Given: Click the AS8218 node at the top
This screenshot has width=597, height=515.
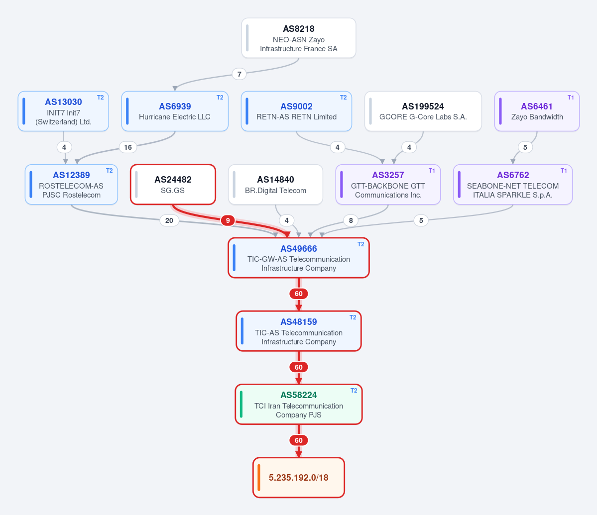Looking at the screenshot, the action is click(299, 38).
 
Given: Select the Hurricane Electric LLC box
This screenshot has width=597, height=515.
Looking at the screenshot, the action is click(175, 111).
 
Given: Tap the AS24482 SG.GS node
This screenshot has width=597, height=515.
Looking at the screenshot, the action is click(173, 185).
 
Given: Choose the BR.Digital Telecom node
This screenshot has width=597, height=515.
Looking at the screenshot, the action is click(275, 185).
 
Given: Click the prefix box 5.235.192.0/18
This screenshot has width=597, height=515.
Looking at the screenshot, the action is click(299, 477).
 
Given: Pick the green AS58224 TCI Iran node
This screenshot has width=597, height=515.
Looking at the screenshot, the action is click(299, 405).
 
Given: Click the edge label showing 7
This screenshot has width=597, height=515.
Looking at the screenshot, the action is click(239, 74).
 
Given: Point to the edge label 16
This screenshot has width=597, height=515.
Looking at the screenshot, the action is click(128, 147).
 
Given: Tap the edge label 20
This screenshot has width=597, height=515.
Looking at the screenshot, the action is click(169, 220).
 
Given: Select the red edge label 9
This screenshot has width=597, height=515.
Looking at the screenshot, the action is click(228, 220).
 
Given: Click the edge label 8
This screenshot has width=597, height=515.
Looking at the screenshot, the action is click(351, 220).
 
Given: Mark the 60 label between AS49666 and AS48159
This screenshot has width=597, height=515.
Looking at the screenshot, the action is click(299, 294).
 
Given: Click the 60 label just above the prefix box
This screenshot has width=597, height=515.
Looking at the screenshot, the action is click(299, 440).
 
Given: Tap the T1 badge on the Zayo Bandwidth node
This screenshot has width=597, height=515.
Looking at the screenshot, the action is click(571, 98).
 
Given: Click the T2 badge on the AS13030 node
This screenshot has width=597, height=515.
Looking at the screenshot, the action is click(100, 98).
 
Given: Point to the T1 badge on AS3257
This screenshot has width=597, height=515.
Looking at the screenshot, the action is click(432, 171).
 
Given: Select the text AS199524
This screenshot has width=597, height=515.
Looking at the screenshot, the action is click(423, 106).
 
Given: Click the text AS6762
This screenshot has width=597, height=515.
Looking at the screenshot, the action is click(513, 175).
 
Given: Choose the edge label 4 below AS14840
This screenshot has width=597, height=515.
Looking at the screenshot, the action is click(286, 220).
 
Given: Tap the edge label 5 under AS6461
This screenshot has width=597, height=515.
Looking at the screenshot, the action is click(525, 147).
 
